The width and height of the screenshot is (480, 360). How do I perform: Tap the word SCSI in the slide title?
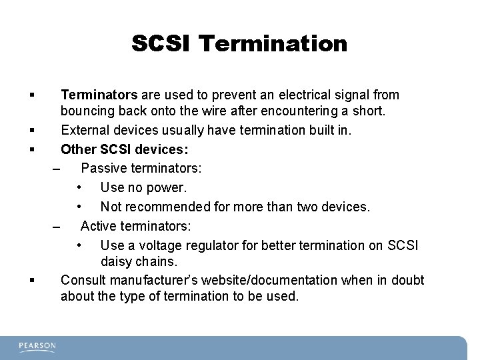coord(162,44)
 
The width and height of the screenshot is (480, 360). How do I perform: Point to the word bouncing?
coord(87,111)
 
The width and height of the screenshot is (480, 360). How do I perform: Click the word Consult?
coord(83,279)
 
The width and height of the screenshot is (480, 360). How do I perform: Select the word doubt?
coord(406,279)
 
